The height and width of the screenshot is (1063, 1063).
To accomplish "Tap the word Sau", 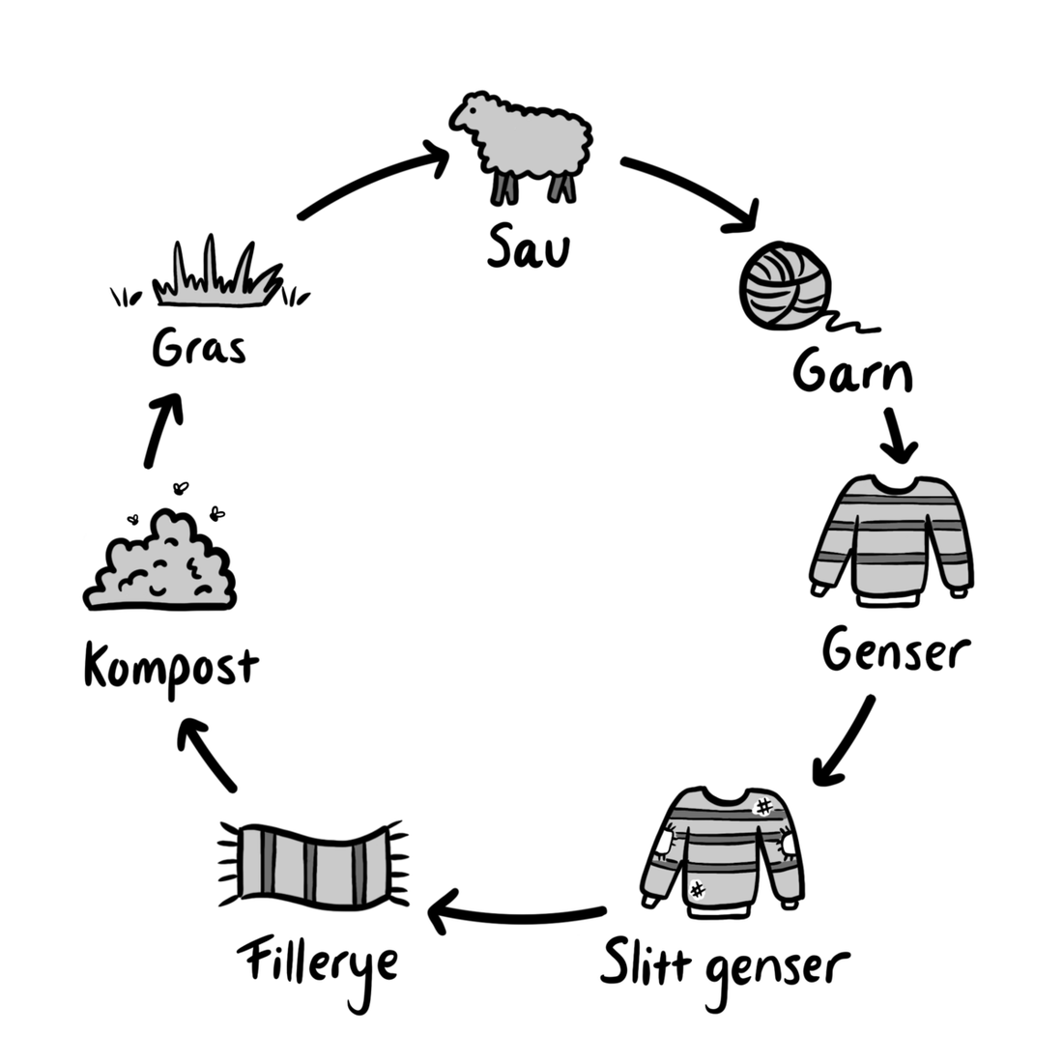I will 529,247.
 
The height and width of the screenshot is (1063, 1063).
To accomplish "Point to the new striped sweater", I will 890,536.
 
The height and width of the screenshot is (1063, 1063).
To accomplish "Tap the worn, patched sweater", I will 724,850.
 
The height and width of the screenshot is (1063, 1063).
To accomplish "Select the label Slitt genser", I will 724,964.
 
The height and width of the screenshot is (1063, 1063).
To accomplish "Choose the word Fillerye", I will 318,962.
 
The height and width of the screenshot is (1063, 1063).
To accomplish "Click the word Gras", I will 199,349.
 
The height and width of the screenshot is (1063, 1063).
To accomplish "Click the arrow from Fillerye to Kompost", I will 209,754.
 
